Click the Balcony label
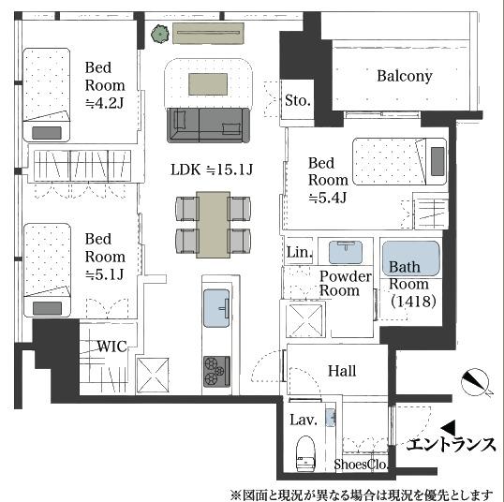[x=405, y=77]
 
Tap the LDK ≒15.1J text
[x=212, y=170]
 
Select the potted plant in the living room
[x=160, y=34]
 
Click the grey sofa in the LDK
[x=208, y=125]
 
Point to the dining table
[x=213, y=225]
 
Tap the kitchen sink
[x=216, y=308]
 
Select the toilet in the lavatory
[x=305, y=453]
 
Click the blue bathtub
[x=410, y=258]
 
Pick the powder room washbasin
[x=346, y=252]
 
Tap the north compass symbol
[x=475, y=382]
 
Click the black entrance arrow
[x=448, y=428]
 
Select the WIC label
[x=111, y=347]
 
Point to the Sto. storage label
[x=298, y=100]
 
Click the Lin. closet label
[x=299, y=252]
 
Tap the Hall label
[x=342, y=371]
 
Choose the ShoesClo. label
[x=361, y=465]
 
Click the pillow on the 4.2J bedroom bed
[x=47, y=133]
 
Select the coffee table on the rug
[x=208, y=84]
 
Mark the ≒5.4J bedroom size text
[x=328, y=198]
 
